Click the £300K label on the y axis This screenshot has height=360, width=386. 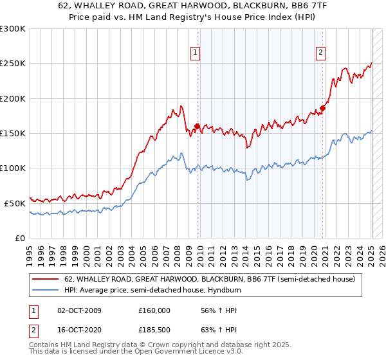(13, 29)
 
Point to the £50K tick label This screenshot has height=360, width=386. (15, 203)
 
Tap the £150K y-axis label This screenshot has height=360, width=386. (13, 133)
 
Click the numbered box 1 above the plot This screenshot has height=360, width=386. (195, 53)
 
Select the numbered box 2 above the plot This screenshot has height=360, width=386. (320, 53)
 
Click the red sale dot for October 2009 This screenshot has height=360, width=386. (197, 126)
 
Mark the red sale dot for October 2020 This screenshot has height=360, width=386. (322, 108)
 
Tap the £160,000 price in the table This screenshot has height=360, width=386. (154, 310)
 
